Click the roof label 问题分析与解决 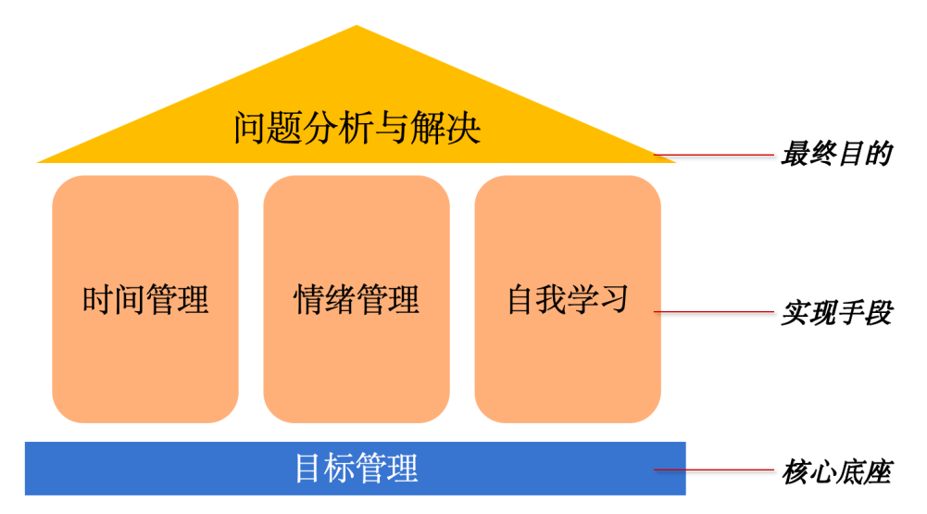357,128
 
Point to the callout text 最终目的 835,154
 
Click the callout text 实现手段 835,313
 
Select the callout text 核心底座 835,472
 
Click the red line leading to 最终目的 713,156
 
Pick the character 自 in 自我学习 520,299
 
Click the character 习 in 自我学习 614,299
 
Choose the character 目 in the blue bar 309,468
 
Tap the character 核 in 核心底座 795,472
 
